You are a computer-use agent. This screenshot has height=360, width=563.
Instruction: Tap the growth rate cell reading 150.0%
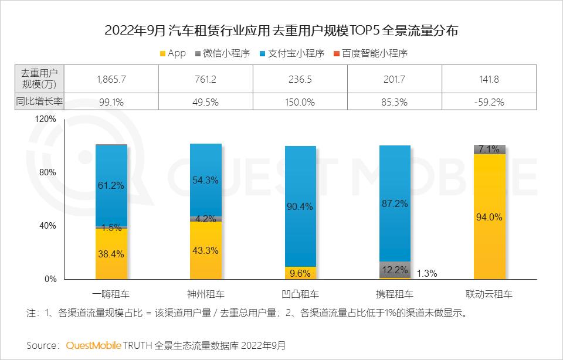[300, 102]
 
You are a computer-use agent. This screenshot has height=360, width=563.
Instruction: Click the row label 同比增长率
[39, 102]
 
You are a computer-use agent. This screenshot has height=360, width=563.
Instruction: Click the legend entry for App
[172, 53]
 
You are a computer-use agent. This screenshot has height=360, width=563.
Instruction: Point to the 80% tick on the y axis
[47, 172]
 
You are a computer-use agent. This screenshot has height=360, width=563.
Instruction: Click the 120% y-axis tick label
[45, 118]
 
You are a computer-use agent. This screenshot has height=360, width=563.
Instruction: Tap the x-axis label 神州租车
[205, 294]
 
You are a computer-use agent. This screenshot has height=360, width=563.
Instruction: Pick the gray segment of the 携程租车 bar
[395, 269]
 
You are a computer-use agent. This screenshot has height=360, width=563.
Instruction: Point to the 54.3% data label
[205, 181]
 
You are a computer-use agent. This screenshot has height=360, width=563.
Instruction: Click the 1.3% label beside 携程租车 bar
[426, 273]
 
